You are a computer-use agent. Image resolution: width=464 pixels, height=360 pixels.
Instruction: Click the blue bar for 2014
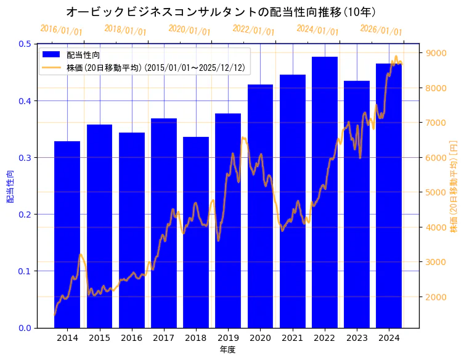tap(67, 234)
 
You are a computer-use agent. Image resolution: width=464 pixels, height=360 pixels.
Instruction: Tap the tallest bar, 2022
tap(325, 192)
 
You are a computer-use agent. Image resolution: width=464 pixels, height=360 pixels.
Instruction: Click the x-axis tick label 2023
tap(357, 338)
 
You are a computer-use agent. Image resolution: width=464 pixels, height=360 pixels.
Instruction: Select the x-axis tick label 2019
tap(228, 338)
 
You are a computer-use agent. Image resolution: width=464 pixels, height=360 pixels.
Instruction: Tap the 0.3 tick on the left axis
tap(25, 158)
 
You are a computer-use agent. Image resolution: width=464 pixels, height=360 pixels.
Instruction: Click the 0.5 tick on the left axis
tap(25, 44)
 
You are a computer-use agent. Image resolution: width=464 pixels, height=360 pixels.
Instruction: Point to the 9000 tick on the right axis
tap(433, 53)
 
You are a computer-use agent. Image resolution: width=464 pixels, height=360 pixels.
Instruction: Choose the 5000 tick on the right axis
tap(433, 192)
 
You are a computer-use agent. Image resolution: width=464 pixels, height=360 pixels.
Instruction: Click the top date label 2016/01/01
tap(61, 30)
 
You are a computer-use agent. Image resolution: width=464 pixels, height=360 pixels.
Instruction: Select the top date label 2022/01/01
tap(253, 30)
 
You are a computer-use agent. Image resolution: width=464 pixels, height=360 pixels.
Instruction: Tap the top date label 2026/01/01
tap(381, 30)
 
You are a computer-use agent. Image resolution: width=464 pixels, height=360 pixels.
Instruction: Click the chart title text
tap(221, 12)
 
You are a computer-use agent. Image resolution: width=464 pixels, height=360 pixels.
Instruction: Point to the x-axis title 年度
tap(227, 350)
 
